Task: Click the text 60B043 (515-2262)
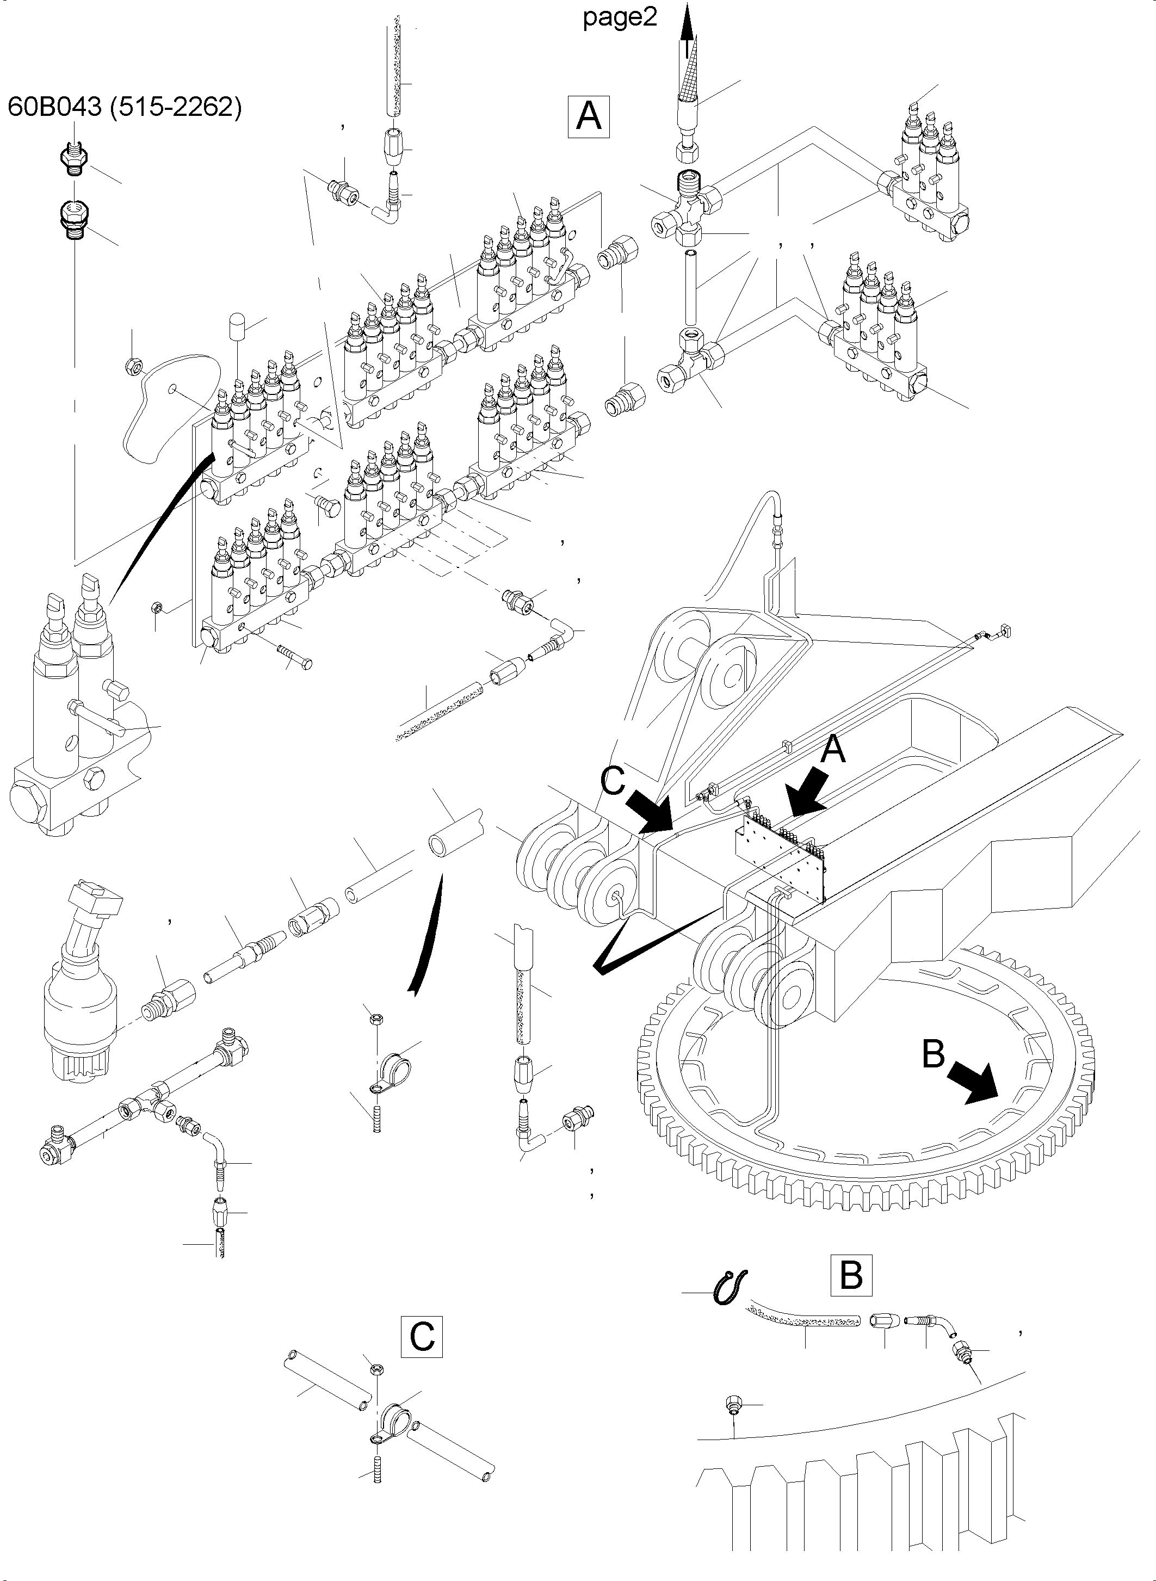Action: pos(125,107)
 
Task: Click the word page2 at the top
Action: pos(620,17)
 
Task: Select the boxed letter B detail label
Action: pos(850,1275)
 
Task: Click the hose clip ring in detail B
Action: pos(730,1286)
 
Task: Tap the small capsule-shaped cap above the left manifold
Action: pos(237,328)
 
